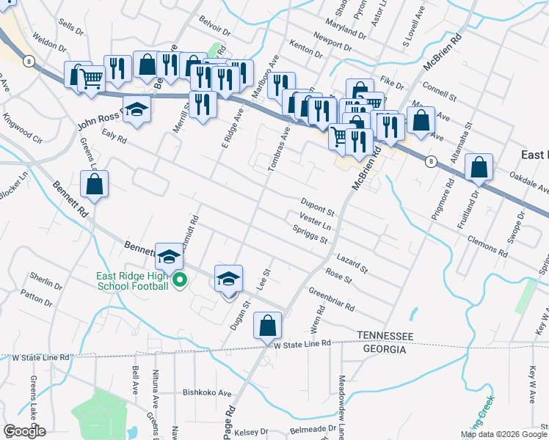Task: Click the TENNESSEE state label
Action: [385, 335]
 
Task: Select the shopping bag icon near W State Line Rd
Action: [267, 325]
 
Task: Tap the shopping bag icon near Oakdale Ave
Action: [479, 168]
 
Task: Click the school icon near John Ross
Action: [136, 109]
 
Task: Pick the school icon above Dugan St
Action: [228, 278]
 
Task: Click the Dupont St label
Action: [317, 205]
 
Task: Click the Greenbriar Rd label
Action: [331, 298]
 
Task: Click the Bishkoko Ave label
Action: [207, 392]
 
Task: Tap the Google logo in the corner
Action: [24, 430]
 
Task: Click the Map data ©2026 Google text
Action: [503, 434]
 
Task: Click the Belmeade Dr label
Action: [313, 428]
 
